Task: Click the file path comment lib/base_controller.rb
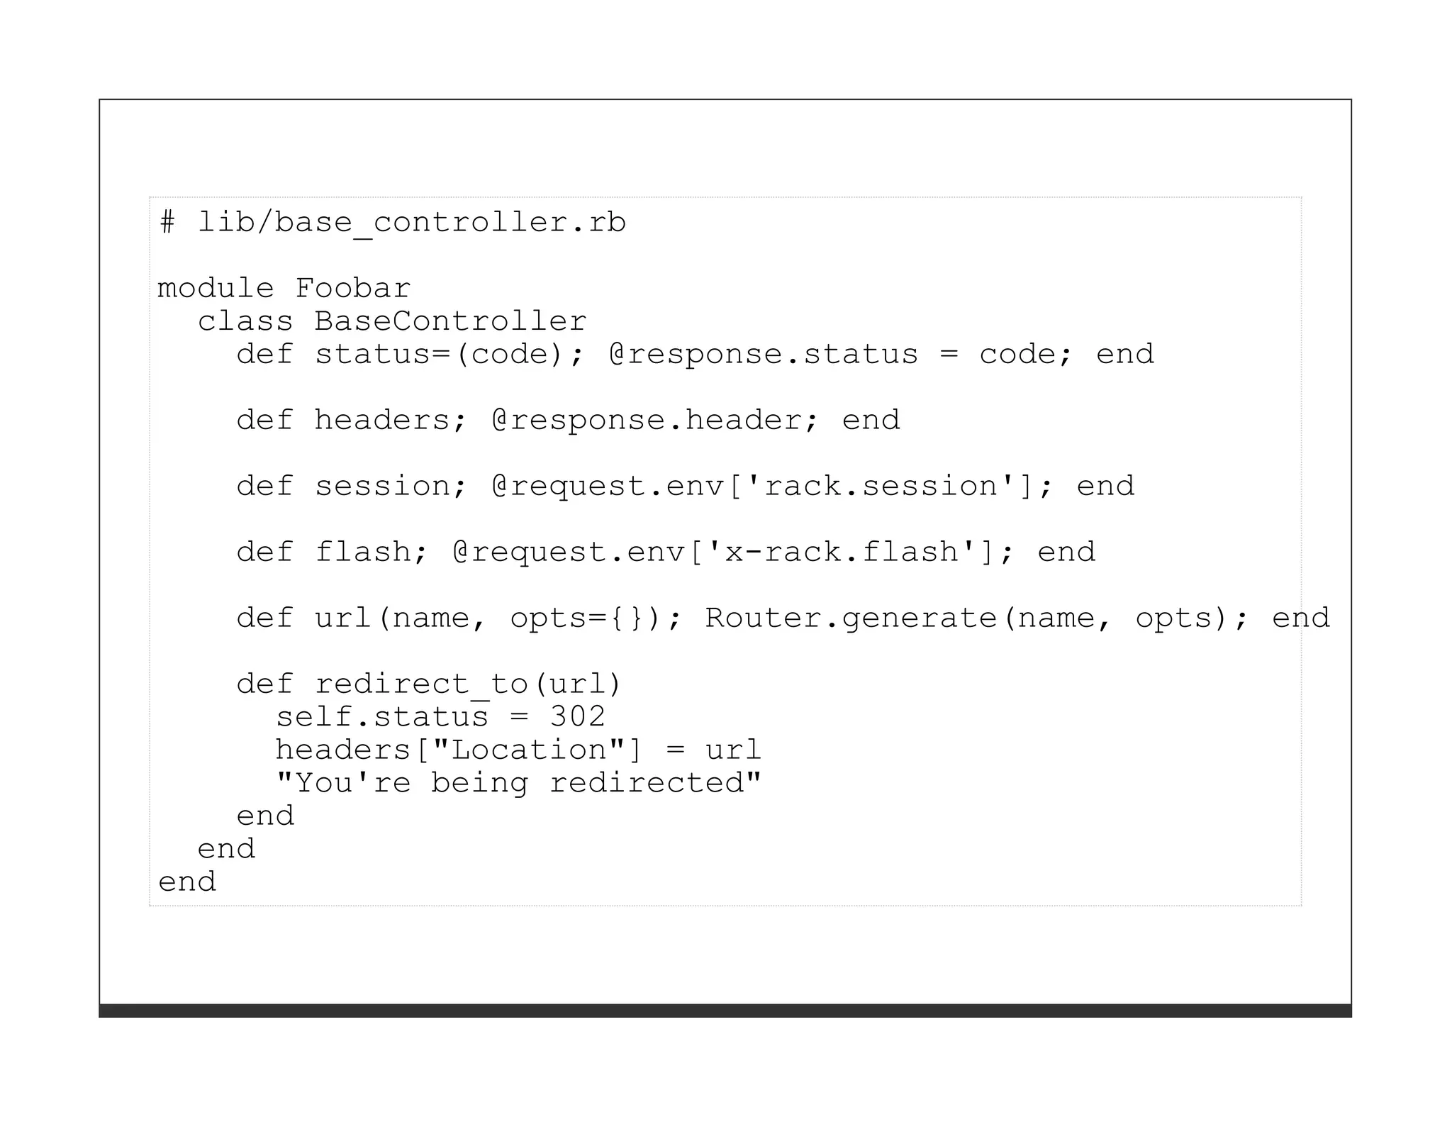coord(411,223)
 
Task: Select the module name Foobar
coord(352,289)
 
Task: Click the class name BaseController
coord(450,321)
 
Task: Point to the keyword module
coord(215,289)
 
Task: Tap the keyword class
coord(245,321)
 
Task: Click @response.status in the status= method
coord(763,354)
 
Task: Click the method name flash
coord(362,552)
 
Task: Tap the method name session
coord(381,486)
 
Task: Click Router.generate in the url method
coord(850,618)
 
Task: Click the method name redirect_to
coord(420,684)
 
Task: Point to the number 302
coord(577,716)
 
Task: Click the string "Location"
coord(528,750)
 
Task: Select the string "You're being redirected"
coord(518,783)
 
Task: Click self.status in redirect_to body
coord(381,716)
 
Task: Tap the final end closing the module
coord(186,882)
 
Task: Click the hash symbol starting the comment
coord(167,223)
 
